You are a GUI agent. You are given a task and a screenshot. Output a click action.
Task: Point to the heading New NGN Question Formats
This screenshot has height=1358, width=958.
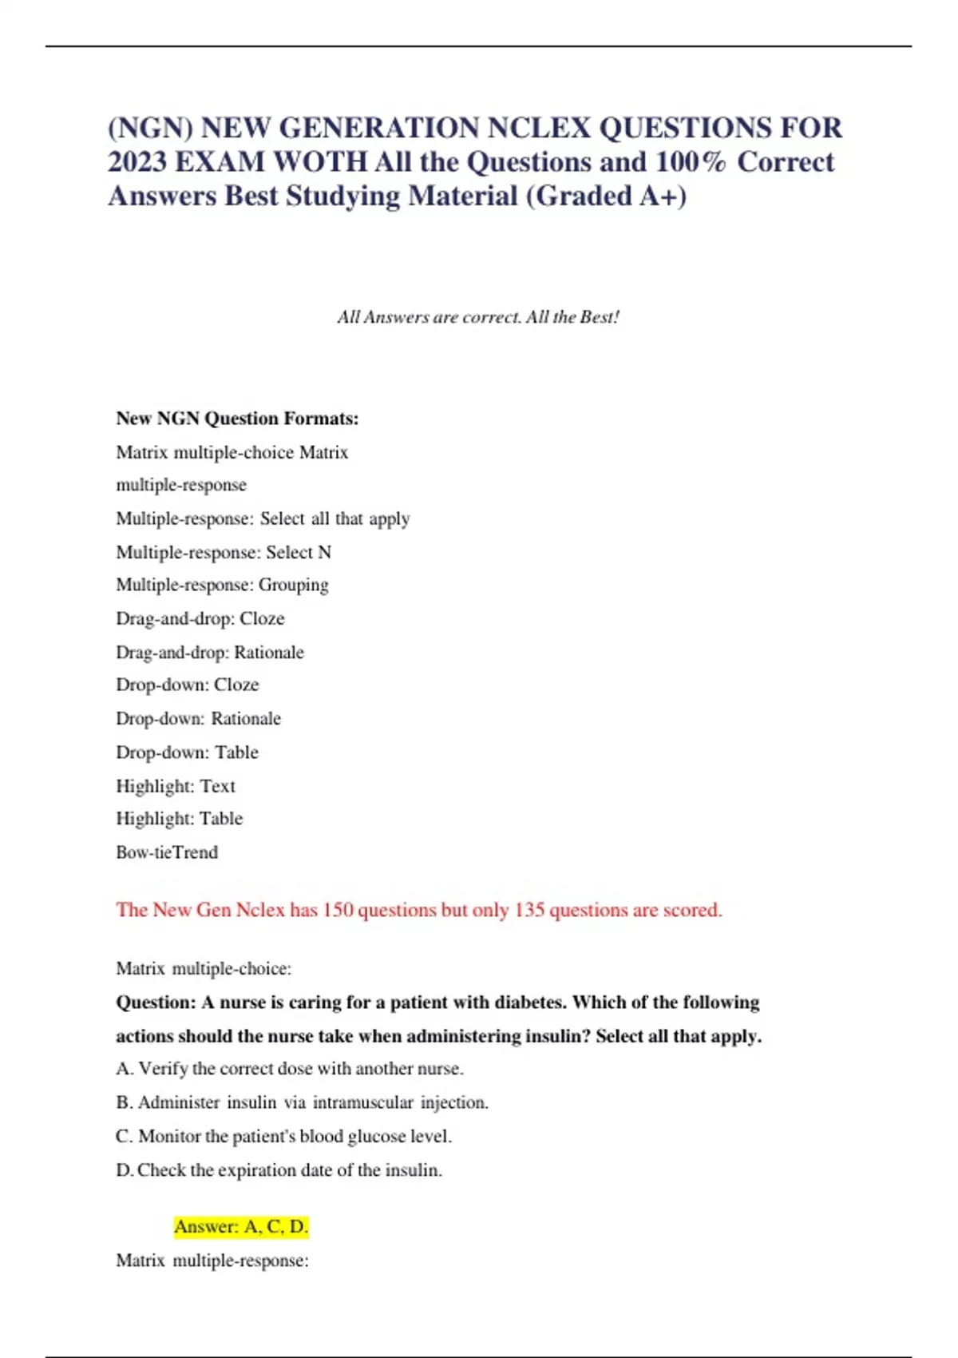coord(237,419)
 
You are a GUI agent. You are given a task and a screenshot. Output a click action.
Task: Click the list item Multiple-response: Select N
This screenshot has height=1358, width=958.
coord(224,552)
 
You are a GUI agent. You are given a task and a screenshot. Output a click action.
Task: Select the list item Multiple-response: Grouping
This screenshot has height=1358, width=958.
coord(222,586)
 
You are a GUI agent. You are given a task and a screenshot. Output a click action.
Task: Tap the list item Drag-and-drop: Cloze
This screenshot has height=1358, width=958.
coord(200,619)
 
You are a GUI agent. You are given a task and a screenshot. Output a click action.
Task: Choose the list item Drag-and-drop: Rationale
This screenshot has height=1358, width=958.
coord(210,653)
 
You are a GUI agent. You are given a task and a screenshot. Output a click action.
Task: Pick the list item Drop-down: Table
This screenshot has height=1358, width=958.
coord(187,752)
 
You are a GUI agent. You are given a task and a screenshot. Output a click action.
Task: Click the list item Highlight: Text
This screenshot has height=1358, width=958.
coord(176,786)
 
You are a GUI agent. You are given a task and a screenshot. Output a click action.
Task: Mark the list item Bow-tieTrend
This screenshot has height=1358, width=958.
coord(167,852)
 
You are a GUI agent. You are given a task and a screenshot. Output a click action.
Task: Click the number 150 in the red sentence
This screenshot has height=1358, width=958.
coord(338,910)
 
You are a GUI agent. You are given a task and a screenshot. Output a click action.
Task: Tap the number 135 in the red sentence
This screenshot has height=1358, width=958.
coord(529,910)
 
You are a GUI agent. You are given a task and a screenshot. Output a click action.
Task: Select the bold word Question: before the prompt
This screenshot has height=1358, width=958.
coord(156,1003)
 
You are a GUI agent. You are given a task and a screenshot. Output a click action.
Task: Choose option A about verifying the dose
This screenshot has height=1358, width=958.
coord(290,1069)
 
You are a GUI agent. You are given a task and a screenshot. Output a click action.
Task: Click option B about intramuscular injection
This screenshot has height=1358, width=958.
coord(302,1102)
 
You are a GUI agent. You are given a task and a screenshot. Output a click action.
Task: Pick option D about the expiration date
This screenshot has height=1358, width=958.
coord(279,1170)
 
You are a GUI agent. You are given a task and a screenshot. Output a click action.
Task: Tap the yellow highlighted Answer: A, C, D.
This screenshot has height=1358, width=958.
coord(241,1227)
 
